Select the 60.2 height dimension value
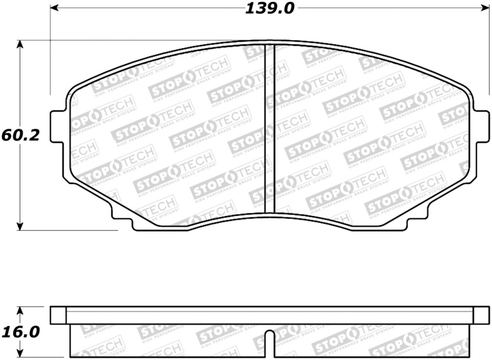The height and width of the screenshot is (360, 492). pyautogui.click(x=20, y=135)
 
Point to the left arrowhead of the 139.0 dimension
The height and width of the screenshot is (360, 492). pyautogui.click(x=54, y=9)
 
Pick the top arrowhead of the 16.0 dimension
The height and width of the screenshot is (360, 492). pyautogui.click(x=20, y=311)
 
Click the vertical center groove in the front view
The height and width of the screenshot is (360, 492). pyautogui.click(x=269, y=129)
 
